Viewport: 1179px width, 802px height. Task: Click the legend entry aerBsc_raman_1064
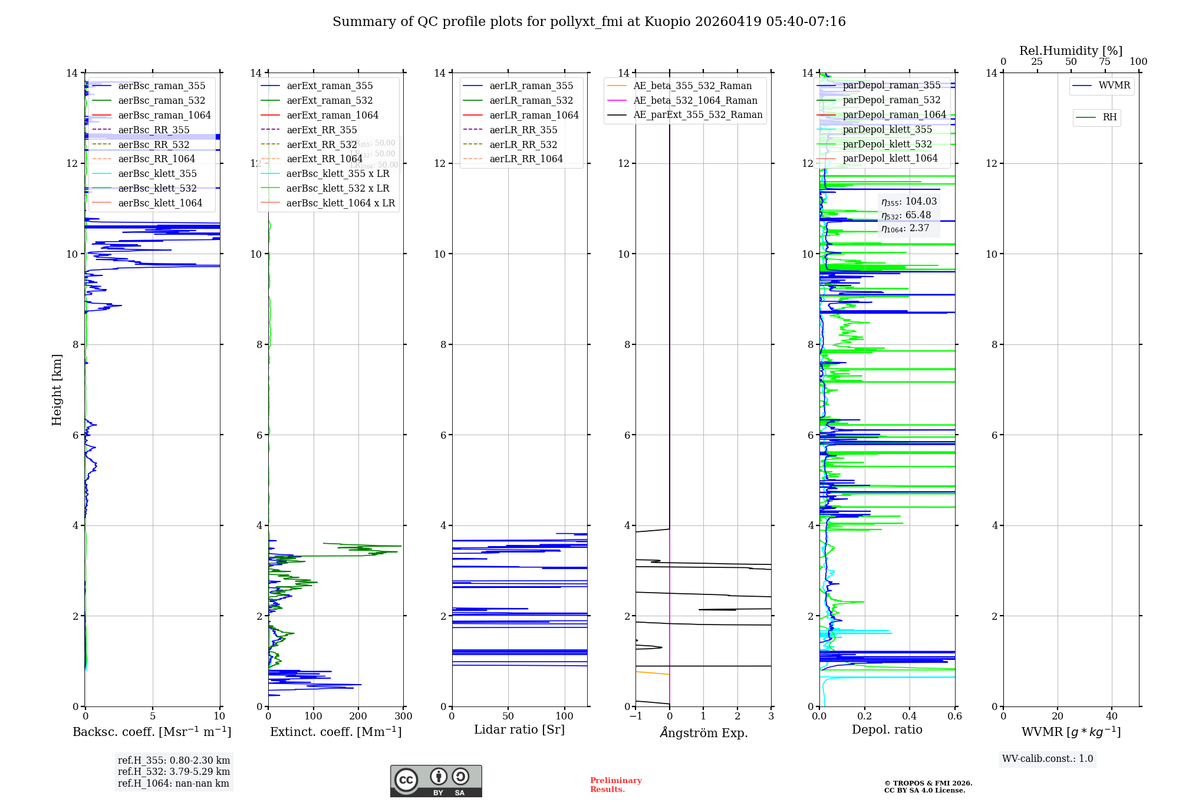(164, 115)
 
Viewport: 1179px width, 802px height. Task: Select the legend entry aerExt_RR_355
(321, 130)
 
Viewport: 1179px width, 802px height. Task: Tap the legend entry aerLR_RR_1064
(526, 159)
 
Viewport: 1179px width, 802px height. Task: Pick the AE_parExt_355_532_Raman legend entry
(697, 114)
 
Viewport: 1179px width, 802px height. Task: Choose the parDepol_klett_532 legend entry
(887, 144)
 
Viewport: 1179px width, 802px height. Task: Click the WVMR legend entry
(1114, 86)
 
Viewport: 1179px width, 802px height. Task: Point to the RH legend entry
(1109, 117)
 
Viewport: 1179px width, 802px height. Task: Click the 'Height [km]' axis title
(57, 389)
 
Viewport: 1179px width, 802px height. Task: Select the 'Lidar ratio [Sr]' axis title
(519, 729)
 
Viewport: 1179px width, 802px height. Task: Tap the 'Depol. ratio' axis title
(887, 729)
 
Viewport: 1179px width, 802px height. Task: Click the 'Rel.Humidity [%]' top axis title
(1071, 51)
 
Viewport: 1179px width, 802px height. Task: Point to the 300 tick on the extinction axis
(404, 716)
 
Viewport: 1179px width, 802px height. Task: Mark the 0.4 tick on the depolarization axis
(910, 716)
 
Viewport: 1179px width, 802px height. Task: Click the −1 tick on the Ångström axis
(635, 716)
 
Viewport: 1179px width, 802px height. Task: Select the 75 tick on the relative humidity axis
(1104, 62)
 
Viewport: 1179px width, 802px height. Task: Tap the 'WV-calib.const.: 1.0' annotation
(1048, 759)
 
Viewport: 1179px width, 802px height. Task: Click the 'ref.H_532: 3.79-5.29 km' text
(174, 772)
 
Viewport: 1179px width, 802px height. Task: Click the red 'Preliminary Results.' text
(615, 785)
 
